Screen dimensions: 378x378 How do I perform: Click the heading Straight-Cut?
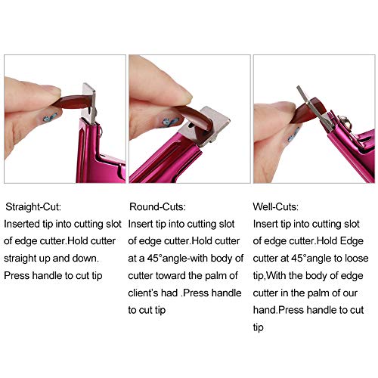(x=33, y=207)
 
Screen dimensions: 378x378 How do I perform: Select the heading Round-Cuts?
(x=157, y=207)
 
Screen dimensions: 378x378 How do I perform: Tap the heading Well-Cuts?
(x=276, y=207)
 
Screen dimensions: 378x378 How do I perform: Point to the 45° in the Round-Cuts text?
(x=154, y=259)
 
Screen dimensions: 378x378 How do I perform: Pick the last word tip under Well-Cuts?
(x=258, y=327)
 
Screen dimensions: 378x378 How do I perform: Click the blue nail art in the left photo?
(x=50, y=117)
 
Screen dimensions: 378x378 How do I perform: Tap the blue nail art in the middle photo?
(x=169, y=123)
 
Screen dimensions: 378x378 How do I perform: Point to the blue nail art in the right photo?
(x=293, y=135)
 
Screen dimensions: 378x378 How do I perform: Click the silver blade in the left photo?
(x=90, y=103)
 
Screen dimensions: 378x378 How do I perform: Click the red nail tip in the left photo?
(x=73, y=102)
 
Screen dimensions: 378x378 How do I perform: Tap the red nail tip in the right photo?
(x=311, y=110)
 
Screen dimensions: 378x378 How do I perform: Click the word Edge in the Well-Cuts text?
(x=352, y=241)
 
